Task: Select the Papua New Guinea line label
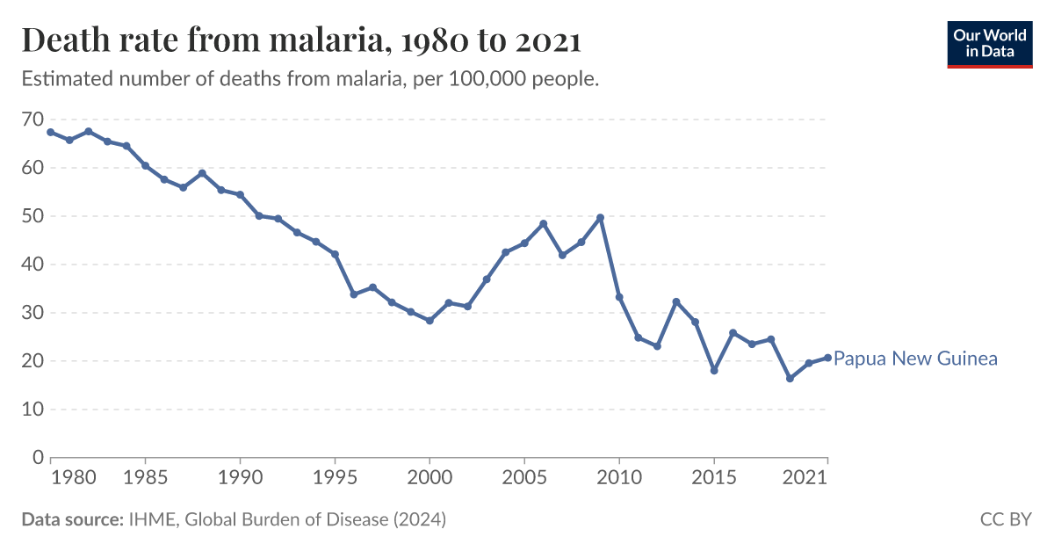tap(914, 359)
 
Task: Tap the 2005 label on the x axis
tap(524, 479)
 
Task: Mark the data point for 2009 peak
tap(600, 217)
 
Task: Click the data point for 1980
tap(51, 132)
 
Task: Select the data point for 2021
tap(827, 358)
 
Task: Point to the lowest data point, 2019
tap(790, 379)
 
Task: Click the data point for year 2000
tap(430, 321)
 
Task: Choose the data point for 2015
tap(714, 371)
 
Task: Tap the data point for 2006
tap(543, 223)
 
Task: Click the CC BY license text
tap(1005, 519)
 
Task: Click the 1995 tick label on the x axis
tap(335, 479)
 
